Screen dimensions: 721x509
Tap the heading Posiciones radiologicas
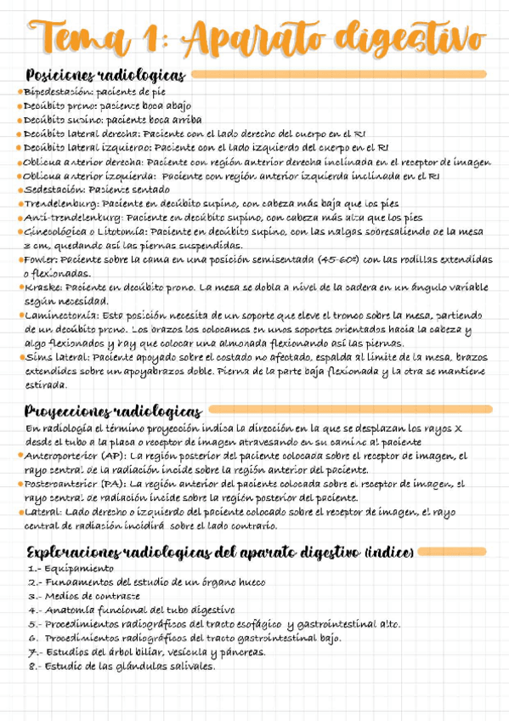tap(105, 75)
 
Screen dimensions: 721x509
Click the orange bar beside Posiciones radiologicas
tap(340, 75)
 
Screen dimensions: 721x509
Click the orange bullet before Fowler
tap(20, 261)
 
